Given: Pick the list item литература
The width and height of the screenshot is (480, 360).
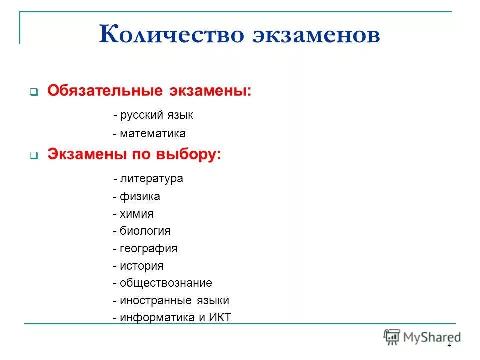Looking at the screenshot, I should [x=151, y=178].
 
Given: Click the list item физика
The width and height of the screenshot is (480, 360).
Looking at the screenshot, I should [x=140, y=196].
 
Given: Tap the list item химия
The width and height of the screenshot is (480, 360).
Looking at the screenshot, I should [x=136, y=214].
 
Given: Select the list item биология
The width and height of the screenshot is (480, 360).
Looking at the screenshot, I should [x=145, y=231].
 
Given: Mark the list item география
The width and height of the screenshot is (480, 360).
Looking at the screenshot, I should [x=148, y=248].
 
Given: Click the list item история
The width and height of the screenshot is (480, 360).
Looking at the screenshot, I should [x=141, y=266].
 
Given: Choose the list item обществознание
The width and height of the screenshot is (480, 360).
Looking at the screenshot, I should [x=166, y=283].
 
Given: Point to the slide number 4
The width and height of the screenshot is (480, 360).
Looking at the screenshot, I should [x=449, y=345].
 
